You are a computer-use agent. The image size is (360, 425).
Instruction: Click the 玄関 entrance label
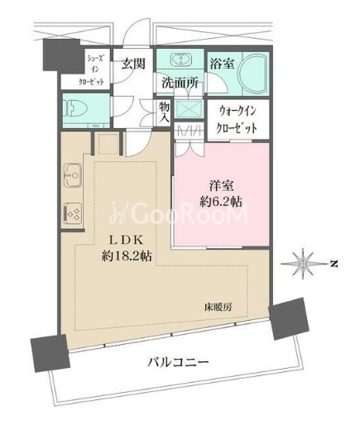pos(133,64)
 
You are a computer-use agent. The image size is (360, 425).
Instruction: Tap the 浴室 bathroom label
pos(222,63)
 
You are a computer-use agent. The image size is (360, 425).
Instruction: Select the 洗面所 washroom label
pos(180,83)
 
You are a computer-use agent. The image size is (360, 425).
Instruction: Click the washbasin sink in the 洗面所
pos(180,60)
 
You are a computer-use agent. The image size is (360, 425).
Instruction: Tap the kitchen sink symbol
pos(73,174)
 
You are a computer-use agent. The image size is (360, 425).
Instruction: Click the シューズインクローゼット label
pos(91,70)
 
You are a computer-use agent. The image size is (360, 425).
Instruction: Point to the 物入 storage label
pos(165,112)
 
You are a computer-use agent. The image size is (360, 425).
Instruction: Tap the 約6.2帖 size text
pos(221,202)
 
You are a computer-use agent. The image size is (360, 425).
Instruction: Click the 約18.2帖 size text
pos(127,256)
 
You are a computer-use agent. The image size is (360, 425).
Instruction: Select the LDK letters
pos(127,241)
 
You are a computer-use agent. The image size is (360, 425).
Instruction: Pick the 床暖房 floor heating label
pos(218,307)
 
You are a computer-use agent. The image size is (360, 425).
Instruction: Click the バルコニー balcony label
pos(178,361)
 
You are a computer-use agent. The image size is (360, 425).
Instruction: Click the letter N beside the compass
pos(334,264)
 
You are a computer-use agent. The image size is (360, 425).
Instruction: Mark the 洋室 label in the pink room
pos(221,186)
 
